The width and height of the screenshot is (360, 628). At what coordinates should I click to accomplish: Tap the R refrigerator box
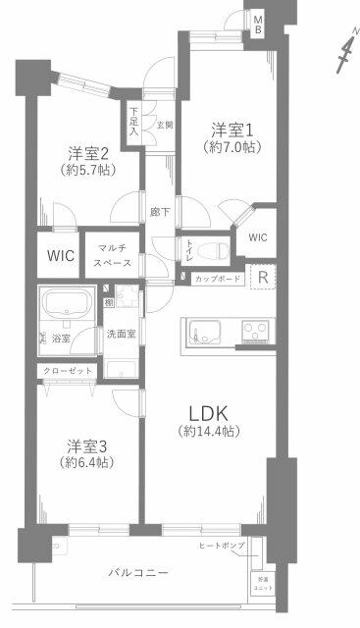click(263, 278)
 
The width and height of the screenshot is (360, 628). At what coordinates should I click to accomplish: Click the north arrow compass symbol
click(343, 53)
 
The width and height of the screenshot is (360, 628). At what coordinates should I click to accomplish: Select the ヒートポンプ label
click(222, 545)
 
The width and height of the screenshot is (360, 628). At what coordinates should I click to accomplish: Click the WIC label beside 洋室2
click(61, 256)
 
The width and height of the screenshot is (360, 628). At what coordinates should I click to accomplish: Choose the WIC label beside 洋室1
click(257, 236)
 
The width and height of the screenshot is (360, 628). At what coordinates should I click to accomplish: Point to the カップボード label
click(215, 280)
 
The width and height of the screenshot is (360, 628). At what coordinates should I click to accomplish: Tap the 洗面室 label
click(124, 334)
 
